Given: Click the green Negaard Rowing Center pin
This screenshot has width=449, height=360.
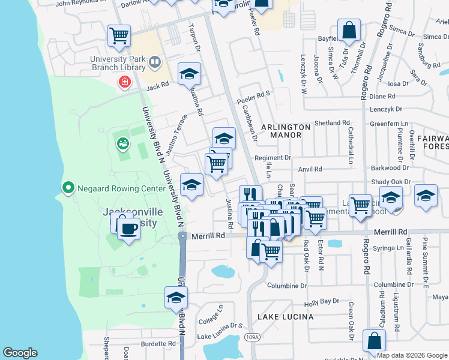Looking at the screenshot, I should click(68, 188).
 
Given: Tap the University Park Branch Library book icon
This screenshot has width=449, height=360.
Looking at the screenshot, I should click(155, 62).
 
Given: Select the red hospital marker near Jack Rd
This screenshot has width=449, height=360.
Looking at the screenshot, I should click(125, 82).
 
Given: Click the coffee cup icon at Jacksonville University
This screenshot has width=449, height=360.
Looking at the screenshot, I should click(127, 227).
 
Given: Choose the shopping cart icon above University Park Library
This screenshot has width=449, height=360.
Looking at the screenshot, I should click(119, 35).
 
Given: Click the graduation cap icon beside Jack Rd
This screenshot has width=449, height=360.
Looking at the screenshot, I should click(190, 74).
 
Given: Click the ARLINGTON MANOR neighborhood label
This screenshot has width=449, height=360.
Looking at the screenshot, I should click(277, 131).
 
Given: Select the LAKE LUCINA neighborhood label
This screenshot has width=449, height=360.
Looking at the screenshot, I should click(286, 316).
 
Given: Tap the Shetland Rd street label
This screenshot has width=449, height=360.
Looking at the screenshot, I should click(332, 123).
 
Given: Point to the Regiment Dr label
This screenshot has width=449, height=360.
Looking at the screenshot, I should click(273, 158).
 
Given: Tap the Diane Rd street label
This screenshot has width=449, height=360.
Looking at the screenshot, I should click(382, 96).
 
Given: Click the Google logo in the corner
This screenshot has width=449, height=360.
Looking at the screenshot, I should click(20, 353).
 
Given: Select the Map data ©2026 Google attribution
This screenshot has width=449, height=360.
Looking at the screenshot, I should click(411, 356).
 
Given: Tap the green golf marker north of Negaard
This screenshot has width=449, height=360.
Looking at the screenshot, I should click(123, 143).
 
